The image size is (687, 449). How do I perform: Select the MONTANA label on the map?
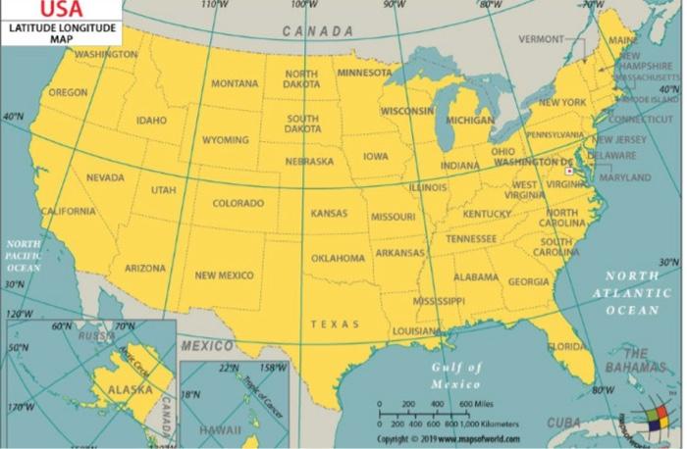[x=235, y=83]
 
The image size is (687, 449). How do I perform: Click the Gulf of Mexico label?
[x=455, y=375]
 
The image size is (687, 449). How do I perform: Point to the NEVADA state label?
[x=105, y=177]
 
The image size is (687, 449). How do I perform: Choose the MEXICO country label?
[x=207, y=346]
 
